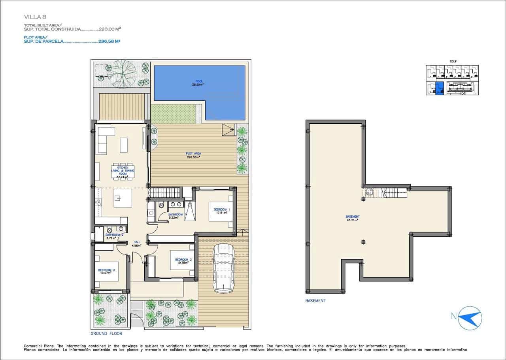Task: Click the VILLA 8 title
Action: (35, 17)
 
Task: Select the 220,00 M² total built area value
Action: (110, 29)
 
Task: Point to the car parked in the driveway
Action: (223, 268)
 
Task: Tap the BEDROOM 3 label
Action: (106, 271)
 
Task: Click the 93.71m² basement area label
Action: (352, 220)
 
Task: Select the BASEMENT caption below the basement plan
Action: (315, 301)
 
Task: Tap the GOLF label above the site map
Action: (453, 61)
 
